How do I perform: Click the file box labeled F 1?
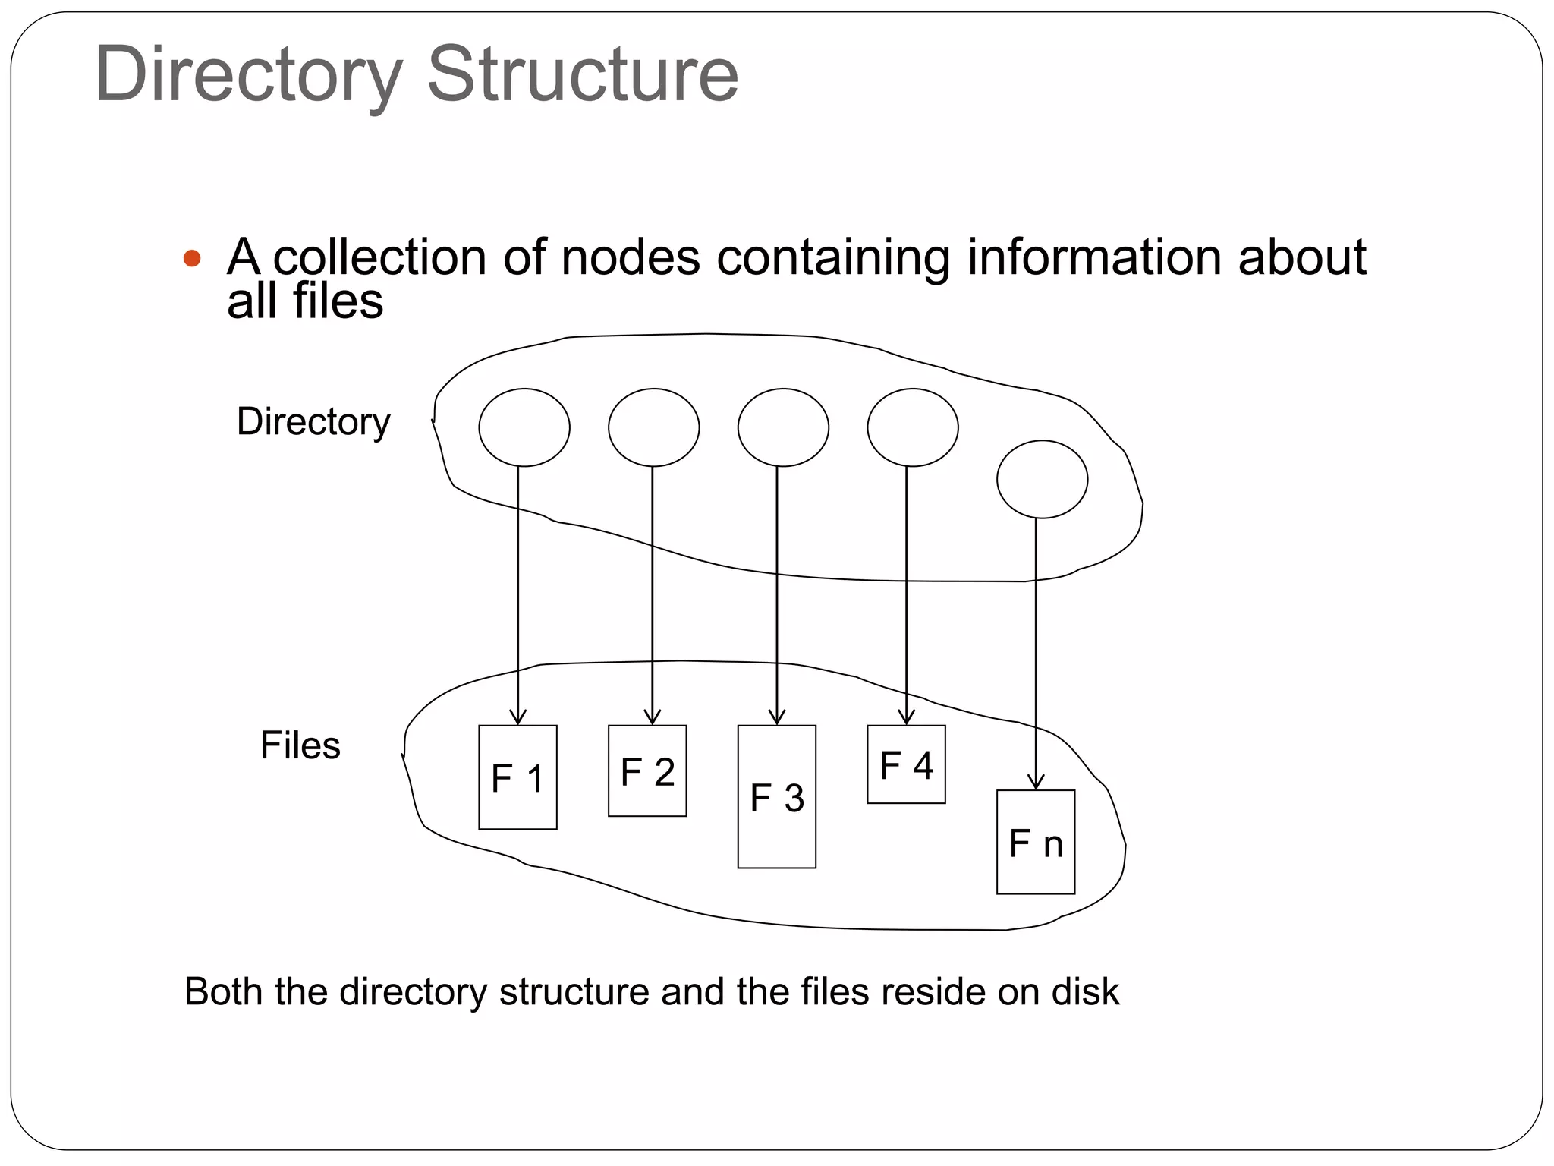point(517,777)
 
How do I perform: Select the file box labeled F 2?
point(647,771)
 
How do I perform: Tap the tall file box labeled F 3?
point(776,796)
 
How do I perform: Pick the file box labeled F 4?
point(906,764)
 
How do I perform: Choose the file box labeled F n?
point(1035,842)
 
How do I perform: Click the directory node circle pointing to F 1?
point(524,427)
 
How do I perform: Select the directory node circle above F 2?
point(653,427)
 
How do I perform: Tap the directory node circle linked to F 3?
point(783,427)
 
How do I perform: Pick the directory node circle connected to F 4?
point(913,427)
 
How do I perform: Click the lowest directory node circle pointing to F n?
point(1042,479)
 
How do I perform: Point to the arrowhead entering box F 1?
point(517,717)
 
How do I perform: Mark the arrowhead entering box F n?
point(1036,783)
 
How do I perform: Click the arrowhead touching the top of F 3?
point(776,717)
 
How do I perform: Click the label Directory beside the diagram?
point(313,421)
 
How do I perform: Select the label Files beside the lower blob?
point(300,745)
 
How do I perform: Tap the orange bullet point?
point(192,258)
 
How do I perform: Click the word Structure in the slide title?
point(583,74)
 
